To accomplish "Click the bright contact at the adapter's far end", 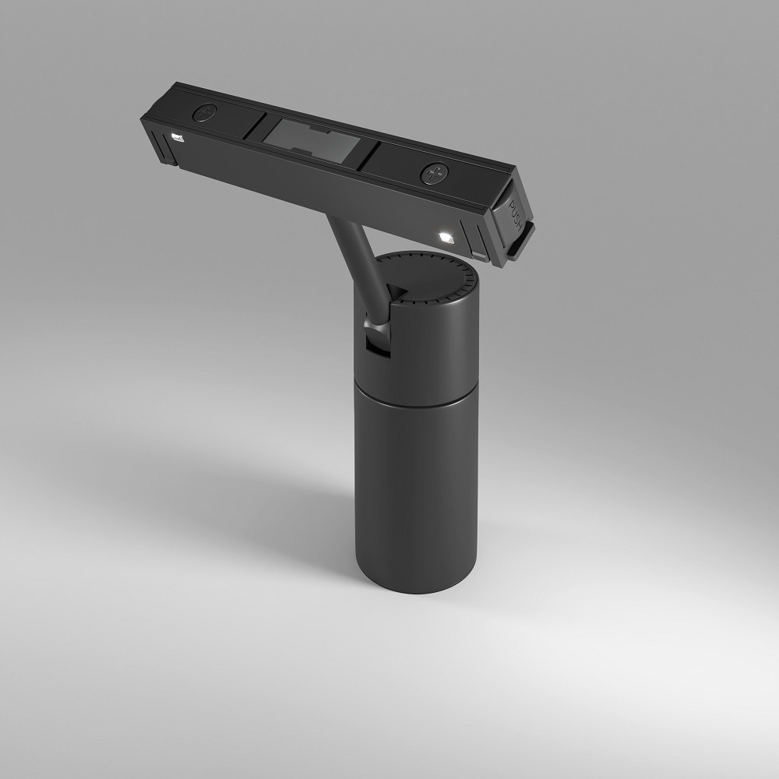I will [x=177, y=139].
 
